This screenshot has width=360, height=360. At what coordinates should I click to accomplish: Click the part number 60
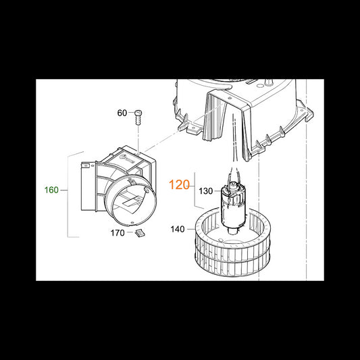122,113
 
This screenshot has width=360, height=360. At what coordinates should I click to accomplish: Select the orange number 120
179,185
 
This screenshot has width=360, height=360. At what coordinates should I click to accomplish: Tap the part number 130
206,191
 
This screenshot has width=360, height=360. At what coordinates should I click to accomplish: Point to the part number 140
178,229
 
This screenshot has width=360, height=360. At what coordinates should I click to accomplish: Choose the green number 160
51,190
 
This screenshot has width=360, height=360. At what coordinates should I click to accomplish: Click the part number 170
118,233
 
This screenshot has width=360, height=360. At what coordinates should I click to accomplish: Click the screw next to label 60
138,118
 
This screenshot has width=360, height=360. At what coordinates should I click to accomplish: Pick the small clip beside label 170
140,233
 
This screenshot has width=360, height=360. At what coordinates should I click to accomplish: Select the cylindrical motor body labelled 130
232,205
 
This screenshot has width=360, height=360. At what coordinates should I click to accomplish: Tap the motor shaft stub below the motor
233,232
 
